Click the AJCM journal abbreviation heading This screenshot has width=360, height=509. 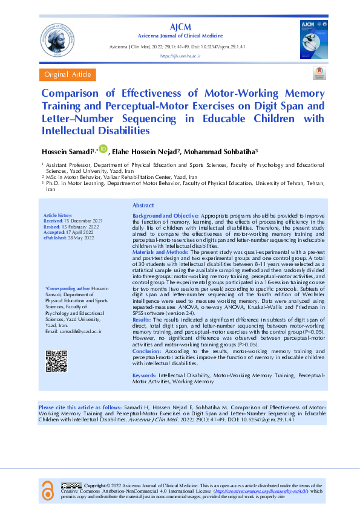pyautogui.click(x=180, y=27)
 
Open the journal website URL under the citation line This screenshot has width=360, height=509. pyautogui.click(x=180, y=55)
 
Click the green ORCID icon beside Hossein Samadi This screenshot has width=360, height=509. pyautogui.click(x=103, y=148)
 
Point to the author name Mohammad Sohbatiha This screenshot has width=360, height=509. pyautogui.click(x=223, y=151)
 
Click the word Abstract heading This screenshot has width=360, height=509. pyautogui.click(x=143, y=206)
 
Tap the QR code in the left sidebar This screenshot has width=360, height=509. pyautogui.click(x=56, y=361)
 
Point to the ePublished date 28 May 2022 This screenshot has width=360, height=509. pyautogui.click(x=76, y=238)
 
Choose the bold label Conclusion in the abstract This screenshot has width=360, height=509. pyautogui.click(x=146, y=351)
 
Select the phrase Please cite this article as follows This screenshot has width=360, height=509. pyautogui.click(x=79, y=408)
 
